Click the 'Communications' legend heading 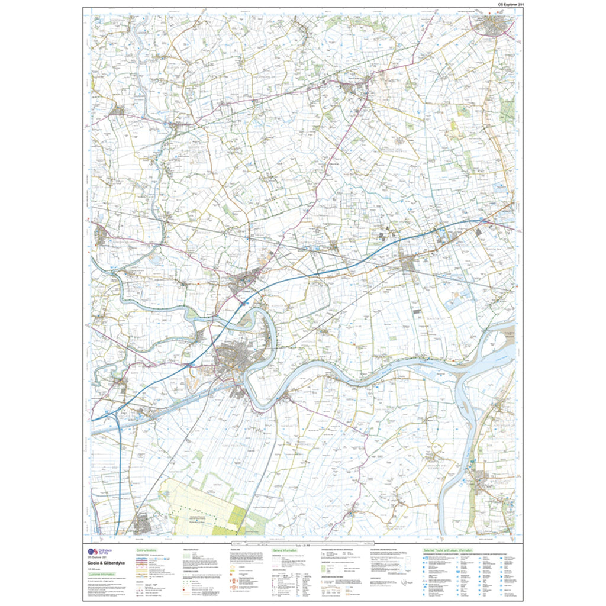[146, 550]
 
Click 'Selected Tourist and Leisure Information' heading [447, 550]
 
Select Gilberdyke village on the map [408, 263]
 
